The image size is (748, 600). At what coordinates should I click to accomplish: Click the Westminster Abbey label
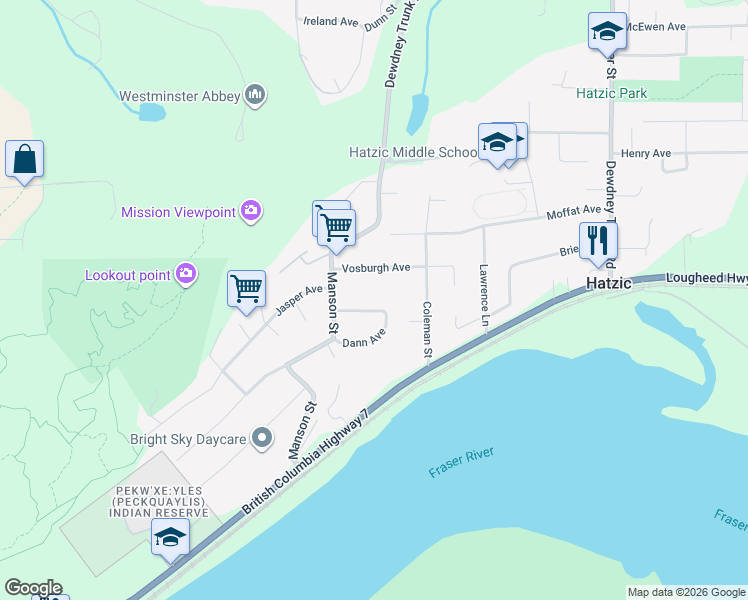tap(179, 97)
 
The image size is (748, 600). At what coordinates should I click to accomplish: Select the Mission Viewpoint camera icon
tap(251, 211)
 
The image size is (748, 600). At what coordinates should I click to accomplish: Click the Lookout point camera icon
tap(185, 273)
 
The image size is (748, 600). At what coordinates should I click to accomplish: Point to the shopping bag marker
tap(24, 160)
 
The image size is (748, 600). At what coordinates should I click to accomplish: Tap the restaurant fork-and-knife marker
tap(598, 241)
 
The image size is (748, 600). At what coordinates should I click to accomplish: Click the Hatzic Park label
tap(611, 94)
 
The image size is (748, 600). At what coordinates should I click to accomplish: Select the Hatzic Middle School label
tap(413, 153)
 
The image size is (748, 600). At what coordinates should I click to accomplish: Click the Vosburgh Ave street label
tap(375, 268)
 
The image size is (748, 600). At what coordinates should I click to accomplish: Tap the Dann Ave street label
tap(364, 342)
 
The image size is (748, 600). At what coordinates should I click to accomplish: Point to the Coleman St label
tap(427, 330)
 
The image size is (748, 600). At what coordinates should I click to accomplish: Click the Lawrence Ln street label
tap(483, 296)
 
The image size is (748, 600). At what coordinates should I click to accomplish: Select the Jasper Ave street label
tap(300, 301)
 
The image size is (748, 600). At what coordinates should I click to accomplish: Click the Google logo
tap(33, 588)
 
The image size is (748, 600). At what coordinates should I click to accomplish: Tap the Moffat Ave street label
tap(573, 212)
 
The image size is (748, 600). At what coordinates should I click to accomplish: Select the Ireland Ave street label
tap(331, 21)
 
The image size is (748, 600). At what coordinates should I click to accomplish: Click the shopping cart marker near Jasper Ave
tap(246, 289)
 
